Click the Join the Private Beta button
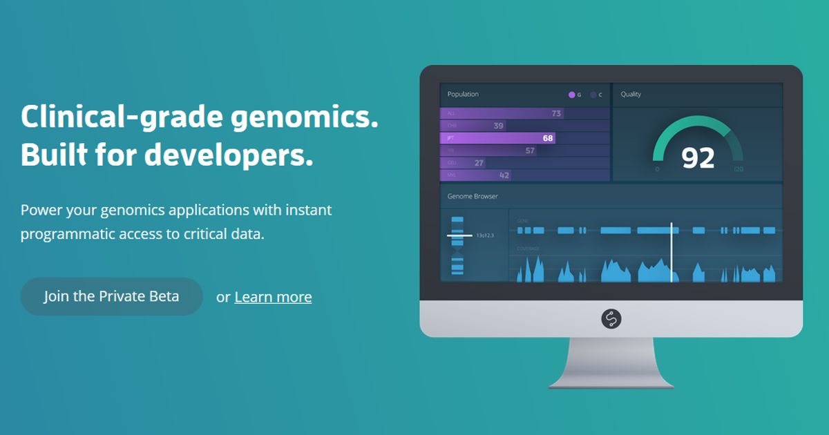(111, 296)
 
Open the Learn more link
(273, 297)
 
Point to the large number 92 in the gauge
(698, 158)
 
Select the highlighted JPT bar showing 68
(497, 138)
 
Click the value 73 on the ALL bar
(556, 113)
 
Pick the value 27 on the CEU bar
(479, 163)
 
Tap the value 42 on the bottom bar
(504, 175)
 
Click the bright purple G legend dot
(571, 95)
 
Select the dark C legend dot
(593, 95)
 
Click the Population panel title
(463, 94)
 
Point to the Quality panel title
(631, 94)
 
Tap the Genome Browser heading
(473, 196)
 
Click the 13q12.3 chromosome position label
(485, 235)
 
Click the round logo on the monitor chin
(611, 318)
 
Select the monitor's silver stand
(611, 362)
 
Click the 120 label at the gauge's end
(739, 169)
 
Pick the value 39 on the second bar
(498, 126)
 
